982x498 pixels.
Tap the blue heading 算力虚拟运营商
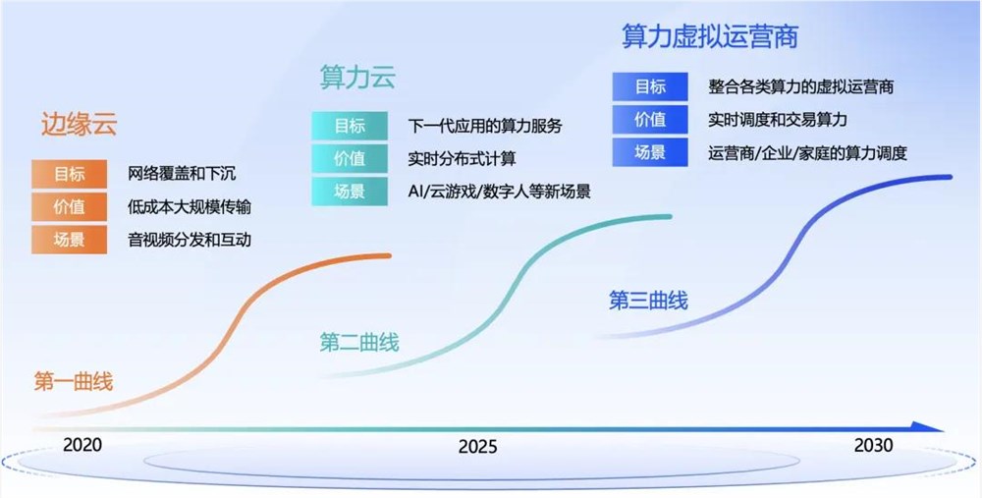click(x=710, y=36)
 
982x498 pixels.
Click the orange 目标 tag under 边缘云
click(x=69, y=175)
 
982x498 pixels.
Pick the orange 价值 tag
click(x=69, y=207)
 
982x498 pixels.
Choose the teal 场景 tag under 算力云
click(x=350, y=191)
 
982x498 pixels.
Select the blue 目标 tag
click(x=650, y=86)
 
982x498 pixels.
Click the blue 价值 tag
click(x=650, y=119)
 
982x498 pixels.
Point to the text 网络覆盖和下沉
click(x=182, y=175)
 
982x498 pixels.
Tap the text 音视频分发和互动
click(x=190, y=240)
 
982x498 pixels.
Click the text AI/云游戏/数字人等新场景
click(x=499, y=191)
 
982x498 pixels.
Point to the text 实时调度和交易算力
click(x=777, y=119)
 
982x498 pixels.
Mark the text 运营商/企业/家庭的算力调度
click(x=806, y=152)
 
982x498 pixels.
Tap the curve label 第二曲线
click(x=359, y=343)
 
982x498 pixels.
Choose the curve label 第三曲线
click(x=648, y=301)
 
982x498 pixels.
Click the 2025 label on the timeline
click(x=478, y=448)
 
